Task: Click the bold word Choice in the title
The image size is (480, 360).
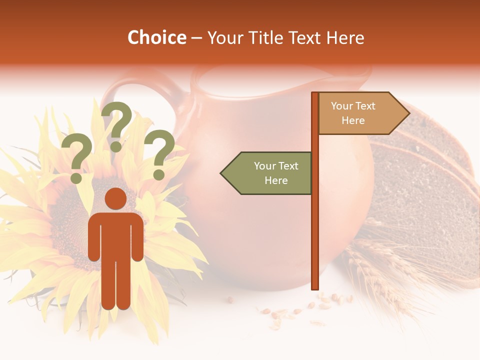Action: [156, 37]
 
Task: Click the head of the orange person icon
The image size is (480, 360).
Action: [115, 199]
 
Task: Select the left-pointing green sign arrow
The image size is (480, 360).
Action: [266, 173]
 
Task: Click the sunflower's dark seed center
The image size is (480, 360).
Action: [70, 220]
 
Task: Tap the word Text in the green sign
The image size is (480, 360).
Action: [288, 166]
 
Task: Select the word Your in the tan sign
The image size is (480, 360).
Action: [342, 106]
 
